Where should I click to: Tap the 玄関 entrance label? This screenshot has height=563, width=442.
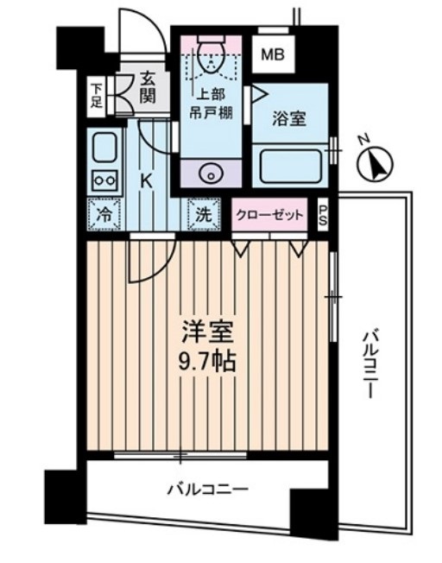[148, 88]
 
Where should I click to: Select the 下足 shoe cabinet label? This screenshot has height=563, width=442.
[97, 94]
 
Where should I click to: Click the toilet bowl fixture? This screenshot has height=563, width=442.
[210, 57]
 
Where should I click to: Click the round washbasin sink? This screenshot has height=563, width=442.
[210, 173]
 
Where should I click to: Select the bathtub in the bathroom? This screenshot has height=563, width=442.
[292, 165]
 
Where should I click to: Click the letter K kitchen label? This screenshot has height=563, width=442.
[146, 181]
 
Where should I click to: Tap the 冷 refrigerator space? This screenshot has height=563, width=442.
[104, 214]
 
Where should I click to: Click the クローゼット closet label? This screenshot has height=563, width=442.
[270, 216]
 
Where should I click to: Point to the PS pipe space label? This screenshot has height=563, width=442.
[323, 215]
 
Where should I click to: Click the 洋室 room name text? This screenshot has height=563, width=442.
[206, 330]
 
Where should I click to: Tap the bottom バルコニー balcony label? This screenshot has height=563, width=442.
[207, 490]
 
